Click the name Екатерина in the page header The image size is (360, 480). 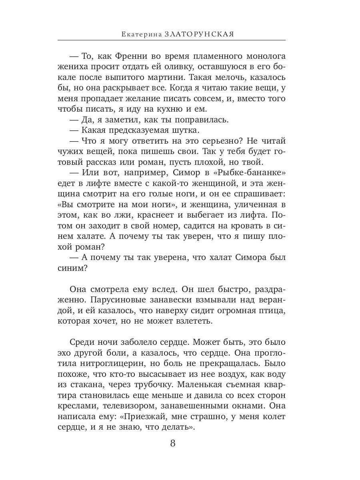tap(141, 34)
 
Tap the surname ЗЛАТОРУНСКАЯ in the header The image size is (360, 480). tap(199, 34)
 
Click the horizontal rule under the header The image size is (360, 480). tap(172, 40)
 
